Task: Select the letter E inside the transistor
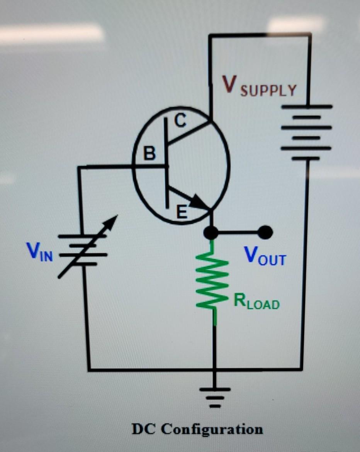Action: coord(182,212)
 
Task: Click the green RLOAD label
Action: coord(256,303)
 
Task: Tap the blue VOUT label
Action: coord(265,256)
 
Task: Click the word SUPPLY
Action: coord(268,90)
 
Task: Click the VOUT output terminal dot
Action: coord(265,232)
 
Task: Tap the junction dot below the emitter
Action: coord(211,232)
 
